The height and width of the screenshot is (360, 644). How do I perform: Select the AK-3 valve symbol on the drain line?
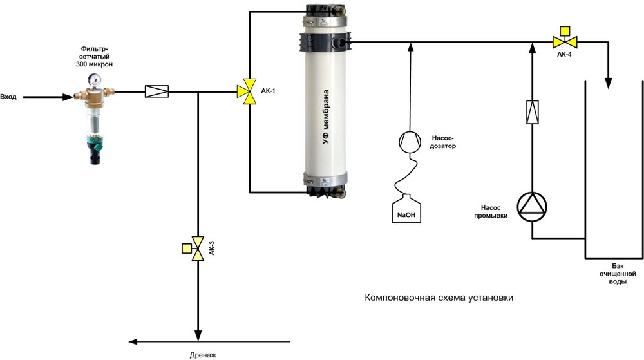click(197, 248)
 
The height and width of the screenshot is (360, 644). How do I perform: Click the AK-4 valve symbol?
click(565, 41)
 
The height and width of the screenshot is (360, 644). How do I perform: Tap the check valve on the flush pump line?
click(533, 113)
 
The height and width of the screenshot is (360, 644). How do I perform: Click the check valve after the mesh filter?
click(157, 92)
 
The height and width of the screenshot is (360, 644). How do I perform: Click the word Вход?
click(9, 97)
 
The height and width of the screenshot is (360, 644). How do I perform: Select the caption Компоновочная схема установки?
click(440, 299)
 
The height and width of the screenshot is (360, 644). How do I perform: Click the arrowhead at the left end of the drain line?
click(133, 341)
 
